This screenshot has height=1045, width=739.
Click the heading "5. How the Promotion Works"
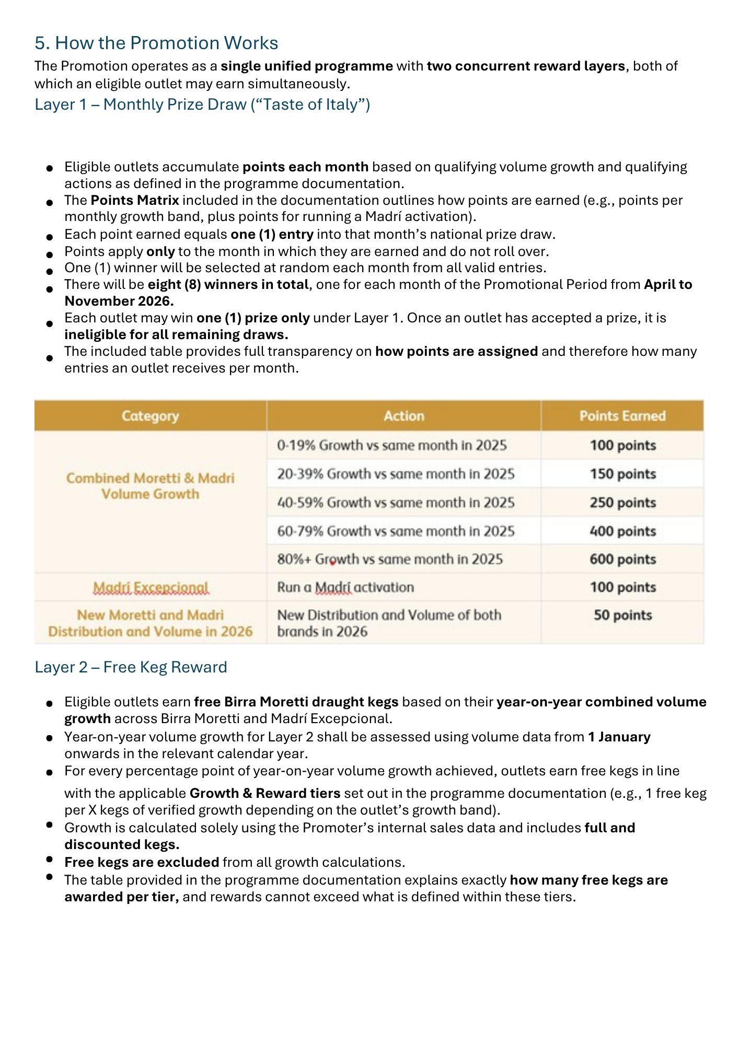pos(156,43)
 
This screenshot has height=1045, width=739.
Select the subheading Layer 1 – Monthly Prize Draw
pos(202,104)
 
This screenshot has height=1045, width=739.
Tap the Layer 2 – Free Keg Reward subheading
pos(131,667)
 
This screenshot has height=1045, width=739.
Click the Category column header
pos(150,416)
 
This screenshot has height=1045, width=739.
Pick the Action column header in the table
pos(403,416)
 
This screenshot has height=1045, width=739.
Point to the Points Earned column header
pos(622,416)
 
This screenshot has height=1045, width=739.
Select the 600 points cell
pos(622,559)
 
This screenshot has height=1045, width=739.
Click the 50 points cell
pos(622,615)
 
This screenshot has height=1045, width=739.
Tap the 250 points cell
pos(622,503)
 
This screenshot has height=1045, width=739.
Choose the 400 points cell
pos(622,531)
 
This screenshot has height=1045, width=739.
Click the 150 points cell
pos(622,474)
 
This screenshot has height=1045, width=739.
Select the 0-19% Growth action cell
pos(392,445)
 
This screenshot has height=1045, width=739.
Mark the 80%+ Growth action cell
pos(390,559)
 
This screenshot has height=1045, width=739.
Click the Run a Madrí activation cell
pos(345,587)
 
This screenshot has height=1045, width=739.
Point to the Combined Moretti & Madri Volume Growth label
pos(150,486)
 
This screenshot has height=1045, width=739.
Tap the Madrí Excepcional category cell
pos(151,588)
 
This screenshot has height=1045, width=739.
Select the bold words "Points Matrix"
pos(135,200)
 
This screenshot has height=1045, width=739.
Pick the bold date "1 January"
pos(619,737)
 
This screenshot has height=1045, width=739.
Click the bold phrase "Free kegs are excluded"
pos(142,862)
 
